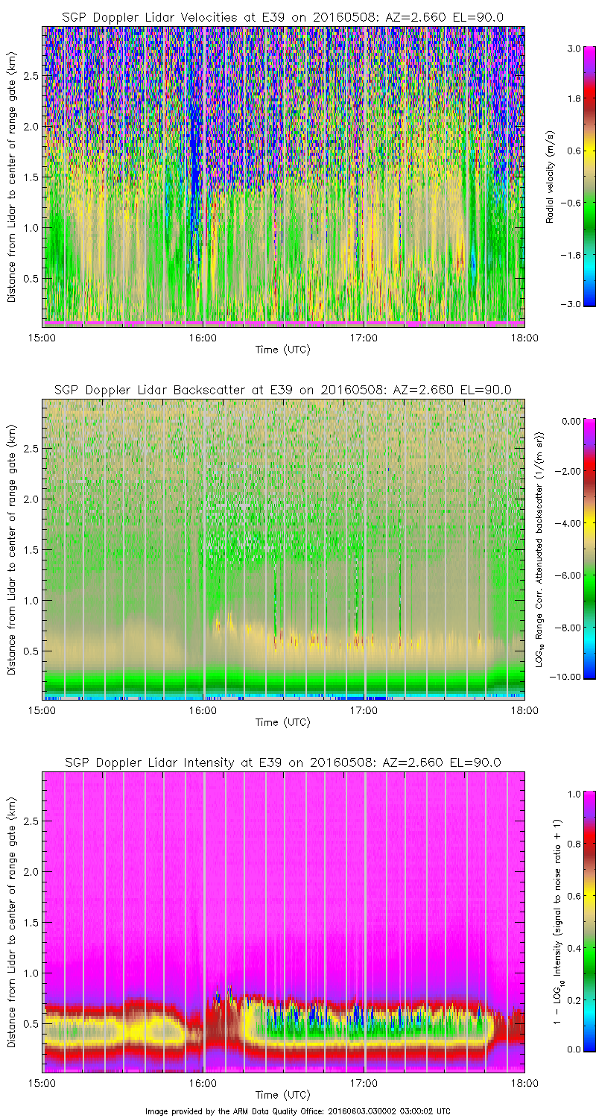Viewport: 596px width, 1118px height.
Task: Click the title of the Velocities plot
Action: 282,17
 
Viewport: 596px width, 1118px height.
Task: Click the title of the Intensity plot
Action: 282,762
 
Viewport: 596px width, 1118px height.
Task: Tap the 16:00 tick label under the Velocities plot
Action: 203,337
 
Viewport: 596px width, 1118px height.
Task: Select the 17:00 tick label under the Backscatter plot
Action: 364,710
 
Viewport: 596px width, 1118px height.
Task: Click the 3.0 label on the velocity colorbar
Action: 573,48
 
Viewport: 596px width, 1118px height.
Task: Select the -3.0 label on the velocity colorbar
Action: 571,304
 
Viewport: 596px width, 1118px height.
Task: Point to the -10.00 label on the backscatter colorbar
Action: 570,676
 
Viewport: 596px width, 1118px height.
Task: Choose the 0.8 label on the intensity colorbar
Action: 573,844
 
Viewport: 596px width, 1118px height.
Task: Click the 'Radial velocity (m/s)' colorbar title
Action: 551,177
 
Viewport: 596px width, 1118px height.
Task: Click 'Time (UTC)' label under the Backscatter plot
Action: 282,722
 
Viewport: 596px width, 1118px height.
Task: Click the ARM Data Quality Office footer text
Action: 298,1111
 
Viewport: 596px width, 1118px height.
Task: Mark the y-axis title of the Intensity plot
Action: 12,924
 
